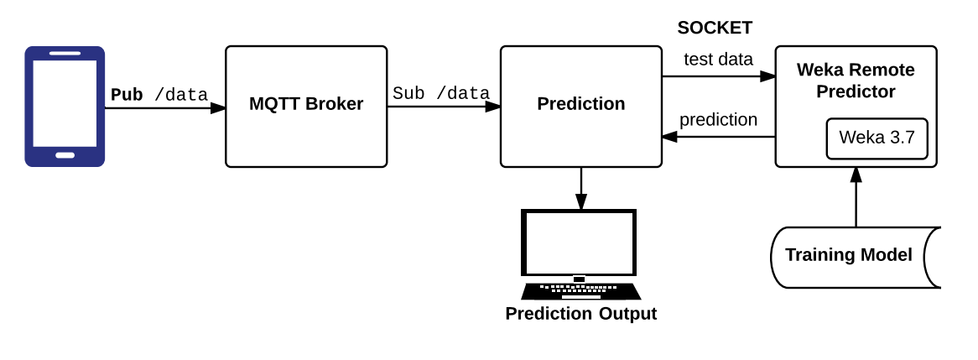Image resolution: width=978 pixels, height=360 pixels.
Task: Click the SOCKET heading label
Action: click(715, 28)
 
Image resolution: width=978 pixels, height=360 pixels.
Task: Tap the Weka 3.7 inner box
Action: click(877, 138)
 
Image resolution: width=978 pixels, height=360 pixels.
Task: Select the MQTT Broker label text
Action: click(306, 103)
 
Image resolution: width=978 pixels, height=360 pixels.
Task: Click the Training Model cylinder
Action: click(856, 257)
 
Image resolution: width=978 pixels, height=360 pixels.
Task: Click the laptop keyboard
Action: click(580, 291)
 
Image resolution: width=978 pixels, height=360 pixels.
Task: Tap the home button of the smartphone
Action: click(65, 155)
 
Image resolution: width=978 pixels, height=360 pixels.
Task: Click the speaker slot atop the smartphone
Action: click(65, 54)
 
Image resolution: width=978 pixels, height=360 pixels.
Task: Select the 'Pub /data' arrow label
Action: click(159, 95)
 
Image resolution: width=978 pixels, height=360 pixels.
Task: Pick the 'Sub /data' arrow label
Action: click(441, 94)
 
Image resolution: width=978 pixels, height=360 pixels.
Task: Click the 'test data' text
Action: click(719, 60)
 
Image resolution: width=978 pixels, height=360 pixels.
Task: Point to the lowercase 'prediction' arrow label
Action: click(719, 120)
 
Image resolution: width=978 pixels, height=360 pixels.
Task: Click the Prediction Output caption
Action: click(580, 313)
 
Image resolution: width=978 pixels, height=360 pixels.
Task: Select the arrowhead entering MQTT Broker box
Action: click(218, 108)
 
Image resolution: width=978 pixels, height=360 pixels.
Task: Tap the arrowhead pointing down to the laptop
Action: click(580, 201)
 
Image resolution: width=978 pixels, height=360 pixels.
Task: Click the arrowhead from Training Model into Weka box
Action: click(856, 175)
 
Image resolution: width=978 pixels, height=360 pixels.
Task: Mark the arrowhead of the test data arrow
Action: click(767, 76)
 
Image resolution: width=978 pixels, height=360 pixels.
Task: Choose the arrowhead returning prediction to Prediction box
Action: click(670, 137)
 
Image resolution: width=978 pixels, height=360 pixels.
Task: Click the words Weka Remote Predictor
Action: click(856, 81)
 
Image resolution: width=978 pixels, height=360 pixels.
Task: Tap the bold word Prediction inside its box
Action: click(580, 103)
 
